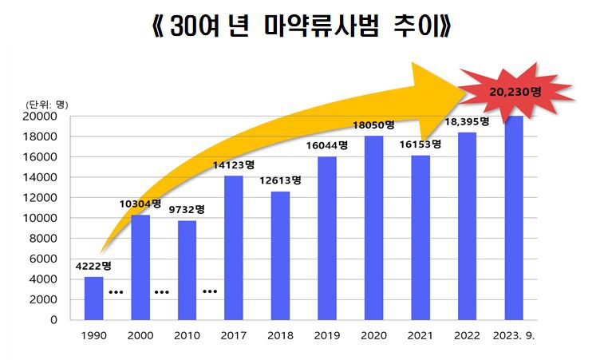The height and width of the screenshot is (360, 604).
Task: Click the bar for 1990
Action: pyautogui.click(x=93, y=298)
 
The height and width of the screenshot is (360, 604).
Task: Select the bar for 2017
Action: pyautogui.click(x=233, y=247)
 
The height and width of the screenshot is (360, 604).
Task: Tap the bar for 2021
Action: pyautogui.click(x=420, y=237)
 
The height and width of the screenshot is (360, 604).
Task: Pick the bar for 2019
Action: pyautogui.click(x=327, y=238)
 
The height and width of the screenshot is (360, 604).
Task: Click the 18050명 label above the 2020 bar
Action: pyautogui.click(x=373, y=125)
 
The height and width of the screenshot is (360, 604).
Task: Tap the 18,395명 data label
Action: pyautogui.click(x=468, y=121)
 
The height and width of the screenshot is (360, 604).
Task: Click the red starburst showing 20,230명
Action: pyautogui.click(x=515, y=93)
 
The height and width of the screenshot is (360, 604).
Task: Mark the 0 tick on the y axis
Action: pyautogui.click(x=53, y=320)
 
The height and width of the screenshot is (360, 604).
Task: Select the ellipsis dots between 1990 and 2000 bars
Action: pyautogui.click(x=116, y=292)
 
